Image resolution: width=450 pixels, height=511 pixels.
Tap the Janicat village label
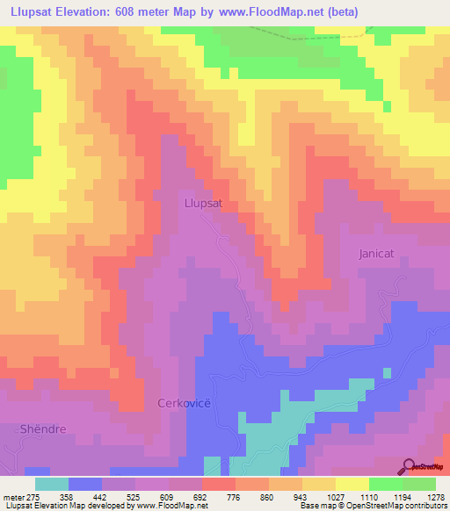pos(381,253)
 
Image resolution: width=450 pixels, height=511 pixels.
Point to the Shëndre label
pos(44,428)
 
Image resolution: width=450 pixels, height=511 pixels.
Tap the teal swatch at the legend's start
pos(52,483)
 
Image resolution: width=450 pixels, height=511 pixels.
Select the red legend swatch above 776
pos(218,483)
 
